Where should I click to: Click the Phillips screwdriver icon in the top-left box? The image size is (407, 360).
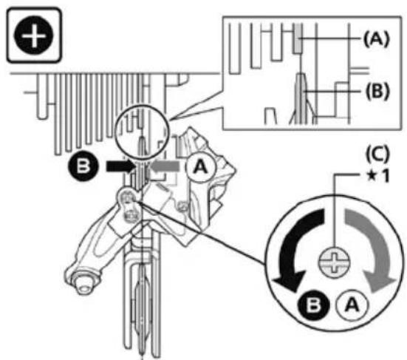pyautogui.click(x=34, y=35)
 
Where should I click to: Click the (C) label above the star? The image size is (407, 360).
pyautogui.click(x=377, y=154)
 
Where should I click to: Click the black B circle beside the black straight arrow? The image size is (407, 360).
pyautogui.click(x=83, y=166)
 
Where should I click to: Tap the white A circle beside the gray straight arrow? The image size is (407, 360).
pyautogui.click(x=200, y=167)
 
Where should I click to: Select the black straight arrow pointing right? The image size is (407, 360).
pyautogui.click(x=120, y=166)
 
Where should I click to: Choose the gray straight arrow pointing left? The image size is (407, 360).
pyautogui.click(x=165, y=166)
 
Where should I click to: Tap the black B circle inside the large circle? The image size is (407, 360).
pyautogui.click(x=313, y=305)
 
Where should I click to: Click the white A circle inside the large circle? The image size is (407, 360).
pyautogui.click(x=352, y=305)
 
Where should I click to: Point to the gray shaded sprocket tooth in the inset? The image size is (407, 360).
pyautogui.click(x=298, y=38)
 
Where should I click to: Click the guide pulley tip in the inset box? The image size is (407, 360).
pyautogui.click(x=301, y=76)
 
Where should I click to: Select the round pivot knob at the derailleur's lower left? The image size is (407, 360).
pyautogui.click(x=83, y=280)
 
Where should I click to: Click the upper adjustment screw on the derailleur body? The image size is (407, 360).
pyautogui.click(x=127, y=198)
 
